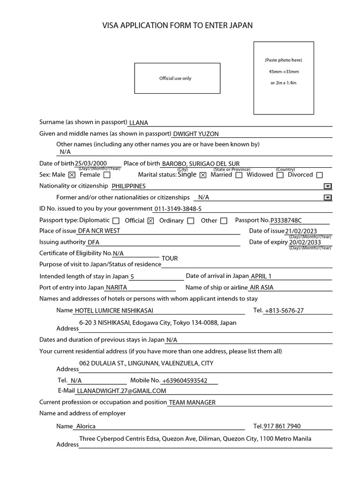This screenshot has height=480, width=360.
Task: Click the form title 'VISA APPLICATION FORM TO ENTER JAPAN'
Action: point(177,25)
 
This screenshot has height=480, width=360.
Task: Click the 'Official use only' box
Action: point(177,78)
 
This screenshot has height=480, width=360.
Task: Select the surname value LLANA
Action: point(138,123)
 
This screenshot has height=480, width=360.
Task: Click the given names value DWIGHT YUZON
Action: point(196,134)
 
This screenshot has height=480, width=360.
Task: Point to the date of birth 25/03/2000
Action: point(94,164)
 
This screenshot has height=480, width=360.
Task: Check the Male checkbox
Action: point(72,175)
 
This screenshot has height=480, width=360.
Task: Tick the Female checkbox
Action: point(107,175)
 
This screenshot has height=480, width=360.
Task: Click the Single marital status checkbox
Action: point(203,175)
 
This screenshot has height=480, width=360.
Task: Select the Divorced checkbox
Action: point(320,175)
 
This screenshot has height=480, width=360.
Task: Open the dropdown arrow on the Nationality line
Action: point(328,186)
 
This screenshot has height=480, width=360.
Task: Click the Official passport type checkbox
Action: point(150,221)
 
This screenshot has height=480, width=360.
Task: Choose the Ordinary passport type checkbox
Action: point(191,221)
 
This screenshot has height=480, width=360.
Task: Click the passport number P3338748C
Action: point(286,220)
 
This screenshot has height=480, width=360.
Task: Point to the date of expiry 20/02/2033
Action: point(305,242)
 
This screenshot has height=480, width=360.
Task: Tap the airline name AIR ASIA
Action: point(262,287)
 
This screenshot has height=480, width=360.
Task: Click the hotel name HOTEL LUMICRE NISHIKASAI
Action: point(114,310)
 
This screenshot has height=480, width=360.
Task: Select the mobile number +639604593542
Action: point(185,381)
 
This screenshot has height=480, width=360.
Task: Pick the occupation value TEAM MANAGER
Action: point(192,402)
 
